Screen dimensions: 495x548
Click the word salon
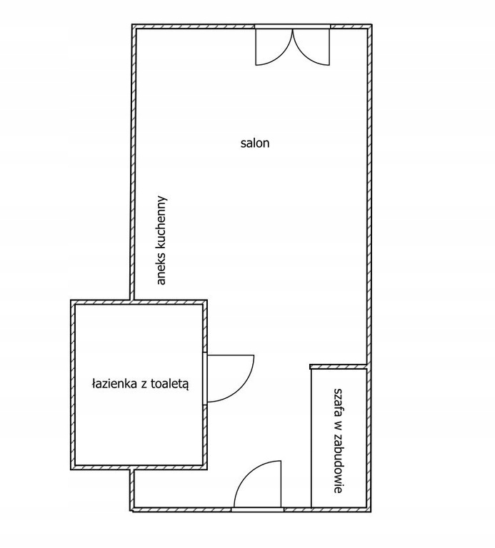(x=255, y=143)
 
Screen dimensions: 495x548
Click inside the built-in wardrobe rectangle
(x=339, y=437)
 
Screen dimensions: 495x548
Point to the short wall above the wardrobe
(x=339, y=366)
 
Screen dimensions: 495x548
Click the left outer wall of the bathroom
(x=73, y=385)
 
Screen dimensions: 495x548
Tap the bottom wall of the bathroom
(x=139, y=467)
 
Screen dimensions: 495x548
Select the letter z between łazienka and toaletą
(x=144, y=385)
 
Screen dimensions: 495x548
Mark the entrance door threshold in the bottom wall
(x=257, y=509)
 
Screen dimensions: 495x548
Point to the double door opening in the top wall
(x=292, y=26)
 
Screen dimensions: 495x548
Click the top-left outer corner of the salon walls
(x=132, y=24)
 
